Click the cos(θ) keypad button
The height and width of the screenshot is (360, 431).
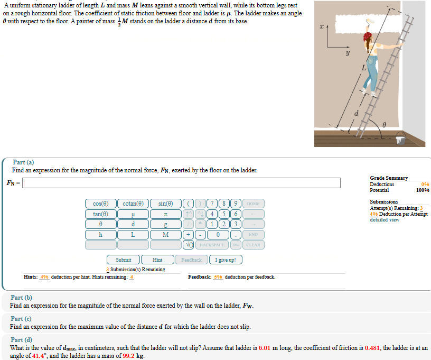coord(100,204)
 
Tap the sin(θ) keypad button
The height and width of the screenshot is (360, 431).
coord(165,204)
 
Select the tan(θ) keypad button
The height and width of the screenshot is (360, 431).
coord(100,214)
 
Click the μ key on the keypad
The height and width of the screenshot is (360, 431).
coord(133,214)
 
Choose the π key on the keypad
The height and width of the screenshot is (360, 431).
coord(165,214)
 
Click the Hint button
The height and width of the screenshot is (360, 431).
coord(157,260)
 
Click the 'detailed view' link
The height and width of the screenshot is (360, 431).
coord(385,219)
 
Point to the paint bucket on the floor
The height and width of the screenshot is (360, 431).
coord(400,140)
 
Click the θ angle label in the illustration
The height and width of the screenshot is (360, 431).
coord(385,123)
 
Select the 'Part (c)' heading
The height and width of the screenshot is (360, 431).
coord(21,319)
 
